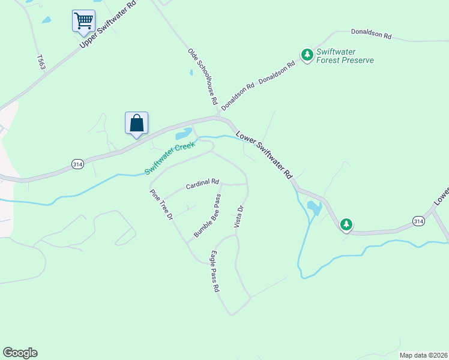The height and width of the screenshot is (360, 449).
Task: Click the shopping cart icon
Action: [x=83, y=20]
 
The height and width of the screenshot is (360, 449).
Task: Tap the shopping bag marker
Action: [x=136, y=123]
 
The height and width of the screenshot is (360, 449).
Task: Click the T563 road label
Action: [x=41, y=62]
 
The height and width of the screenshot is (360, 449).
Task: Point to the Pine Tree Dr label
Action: [x=161, y=204]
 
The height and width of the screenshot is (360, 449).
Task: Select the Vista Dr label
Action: [x=239, y=217]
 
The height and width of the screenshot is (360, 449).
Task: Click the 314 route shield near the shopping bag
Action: [x=77, y=164]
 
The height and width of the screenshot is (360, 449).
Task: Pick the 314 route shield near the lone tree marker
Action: [x=419, y=221]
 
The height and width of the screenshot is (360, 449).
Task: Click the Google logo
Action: [x=20, y=353]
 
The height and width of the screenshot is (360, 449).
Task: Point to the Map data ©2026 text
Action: [x=423, y=355]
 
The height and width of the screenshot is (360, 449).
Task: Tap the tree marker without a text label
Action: [x=346, y=225]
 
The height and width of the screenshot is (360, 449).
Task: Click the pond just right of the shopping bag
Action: [x=184, y=133]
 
